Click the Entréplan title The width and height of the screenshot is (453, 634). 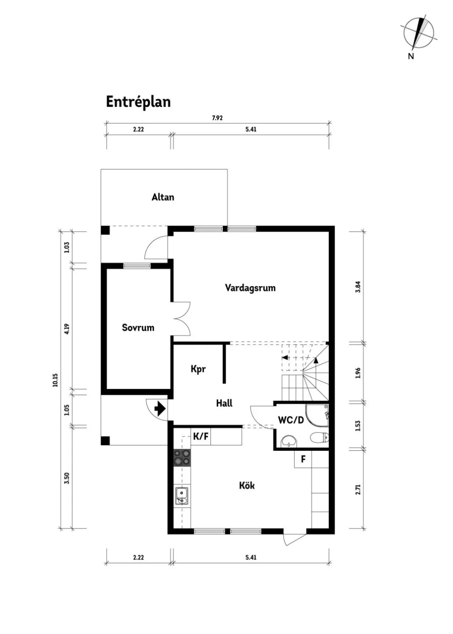point(138,102)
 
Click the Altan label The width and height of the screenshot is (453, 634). point(163,197)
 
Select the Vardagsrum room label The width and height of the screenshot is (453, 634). point(250,288)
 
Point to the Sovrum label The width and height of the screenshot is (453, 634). point(138,328)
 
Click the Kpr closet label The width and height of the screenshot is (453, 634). point(198,369)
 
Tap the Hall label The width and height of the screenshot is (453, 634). point(224,403)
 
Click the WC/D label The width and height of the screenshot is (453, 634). point(291,420)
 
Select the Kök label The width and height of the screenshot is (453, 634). point(247,485)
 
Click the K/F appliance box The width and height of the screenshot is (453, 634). point(201,436)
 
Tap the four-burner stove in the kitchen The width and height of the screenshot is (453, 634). point(182,458)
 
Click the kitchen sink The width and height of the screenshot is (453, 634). point(182,496)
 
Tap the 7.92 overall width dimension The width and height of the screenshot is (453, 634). point(217,118)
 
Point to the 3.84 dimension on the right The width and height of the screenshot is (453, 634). point(358,287)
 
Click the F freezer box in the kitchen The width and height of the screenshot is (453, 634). point(303,459)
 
